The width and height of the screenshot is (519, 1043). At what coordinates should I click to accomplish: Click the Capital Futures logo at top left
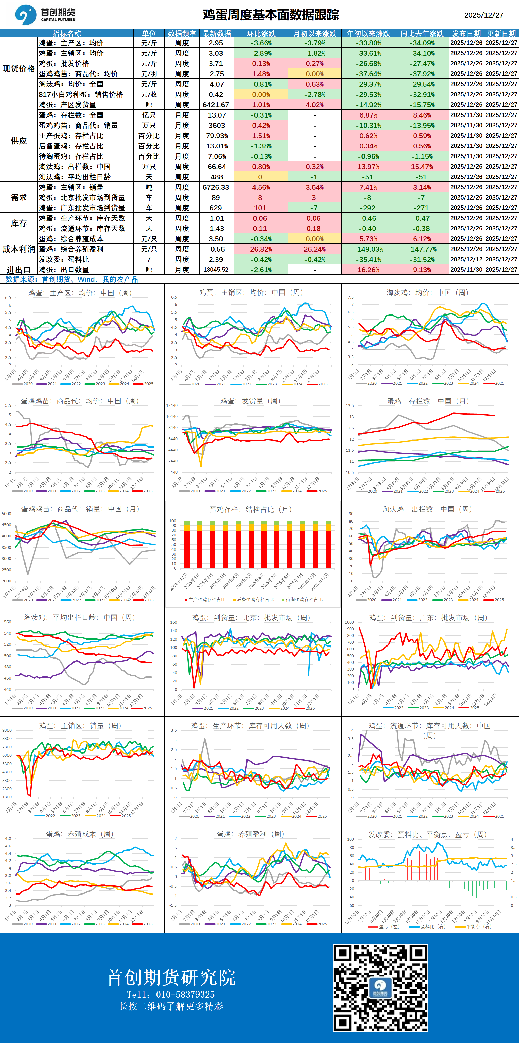coord(45,15)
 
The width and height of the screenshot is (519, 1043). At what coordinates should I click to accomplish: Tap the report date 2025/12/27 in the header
coord(483,15)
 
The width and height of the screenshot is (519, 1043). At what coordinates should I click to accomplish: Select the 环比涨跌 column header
coord(261,34)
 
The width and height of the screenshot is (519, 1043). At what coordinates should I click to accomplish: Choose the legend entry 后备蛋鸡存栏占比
coord(255,600)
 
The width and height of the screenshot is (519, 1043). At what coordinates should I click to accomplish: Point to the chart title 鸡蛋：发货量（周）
coord(250,401)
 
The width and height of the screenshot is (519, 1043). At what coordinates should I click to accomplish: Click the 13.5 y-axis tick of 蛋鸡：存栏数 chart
coord(350,406)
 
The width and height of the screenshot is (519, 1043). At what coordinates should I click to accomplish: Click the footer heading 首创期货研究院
coord(171,978)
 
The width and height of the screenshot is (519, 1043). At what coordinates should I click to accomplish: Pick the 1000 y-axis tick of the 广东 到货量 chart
coord(349,622)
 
